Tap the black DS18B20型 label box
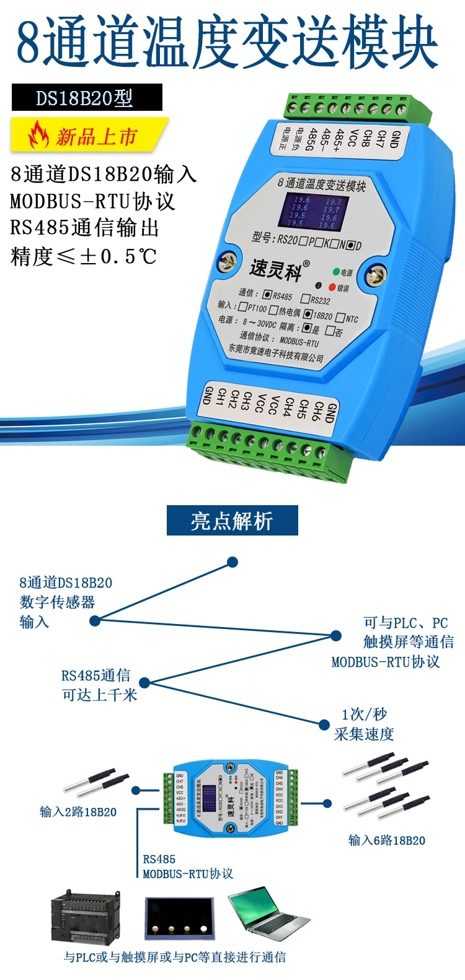[87, 98]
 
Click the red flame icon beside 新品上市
[39, 135]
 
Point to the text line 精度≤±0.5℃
[84, 256]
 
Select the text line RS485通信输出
[85, 228]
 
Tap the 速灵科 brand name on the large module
[276, 270]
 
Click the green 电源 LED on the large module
[336, 271]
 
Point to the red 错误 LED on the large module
[332, 287]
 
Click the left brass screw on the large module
[228, 262]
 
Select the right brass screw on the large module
[376, 275]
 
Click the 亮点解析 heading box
[232, 521]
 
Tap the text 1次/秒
[364, 714]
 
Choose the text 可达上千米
[99, 695]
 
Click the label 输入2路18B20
[78, 812]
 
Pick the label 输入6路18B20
[386, 840]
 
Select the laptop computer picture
[268, 914]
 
